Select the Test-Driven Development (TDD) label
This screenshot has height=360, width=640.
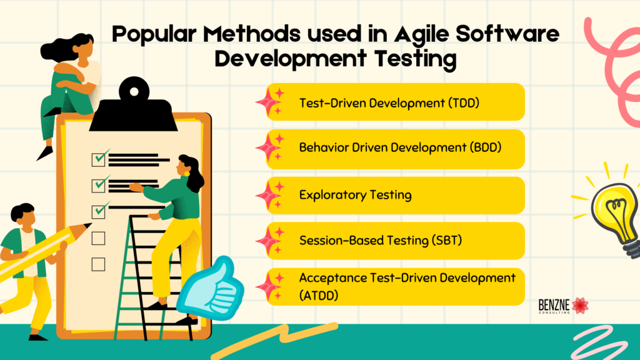coord(389,103)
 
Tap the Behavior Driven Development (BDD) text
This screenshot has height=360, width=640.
coord(400,147)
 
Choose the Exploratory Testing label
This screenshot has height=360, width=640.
coord(355,195)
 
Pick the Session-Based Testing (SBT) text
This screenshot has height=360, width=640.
coord(381,241)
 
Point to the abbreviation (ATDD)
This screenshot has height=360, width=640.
coord(319,295)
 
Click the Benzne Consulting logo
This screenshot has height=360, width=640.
coord(563,306)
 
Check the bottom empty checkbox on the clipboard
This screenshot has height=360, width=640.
coord(98,264)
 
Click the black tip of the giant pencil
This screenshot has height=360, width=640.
coord(87,226)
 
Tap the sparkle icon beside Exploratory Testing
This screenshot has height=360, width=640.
coord(270,195)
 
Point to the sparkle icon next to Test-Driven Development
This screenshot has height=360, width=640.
coord(270,102)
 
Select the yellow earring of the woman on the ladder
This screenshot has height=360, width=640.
coord(186,174)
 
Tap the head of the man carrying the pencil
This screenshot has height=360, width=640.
coord(23,215)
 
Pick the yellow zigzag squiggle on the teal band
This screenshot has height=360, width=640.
coord(274,339)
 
